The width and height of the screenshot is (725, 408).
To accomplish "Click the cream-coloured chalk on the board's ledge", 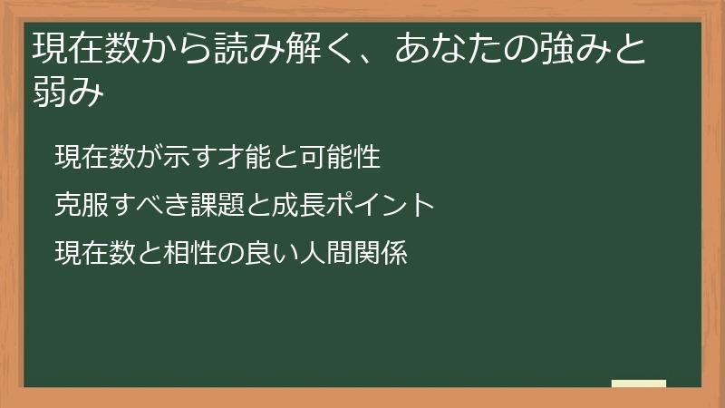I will coord(639,384).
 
